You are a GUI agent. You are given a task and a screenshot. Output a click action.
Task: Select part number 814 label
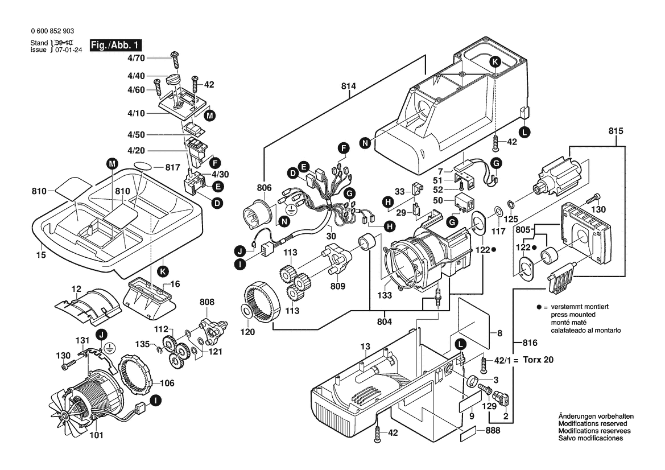pyautogui.click(x=348, y=86)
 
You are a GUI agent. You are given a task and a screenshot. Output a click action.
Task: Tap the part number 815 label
pyautogui.click(x=616, y=131)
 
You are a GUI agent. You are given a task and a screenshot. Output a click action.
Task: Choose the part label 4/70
pyautogui.click(x=136, y=58)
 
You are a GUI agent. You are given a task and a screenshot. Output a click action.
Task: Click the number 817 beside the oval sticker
pyautogui.click(x=173, y=168)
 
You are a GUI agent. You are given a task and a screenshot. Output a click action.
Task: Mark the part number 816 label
pyautogui.click(x=530, y=343)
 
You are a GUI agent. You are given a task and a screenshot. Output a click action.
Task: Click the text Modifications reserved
pyautogui.click(x=592, y=424)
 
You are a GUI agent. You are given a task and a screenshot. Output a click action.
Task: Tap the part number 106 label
pyautogui.click(x=167, y=383)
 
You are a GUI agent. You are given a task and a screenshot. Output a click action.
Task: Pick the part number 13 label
pyautogui.click(x=365, y=345)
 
